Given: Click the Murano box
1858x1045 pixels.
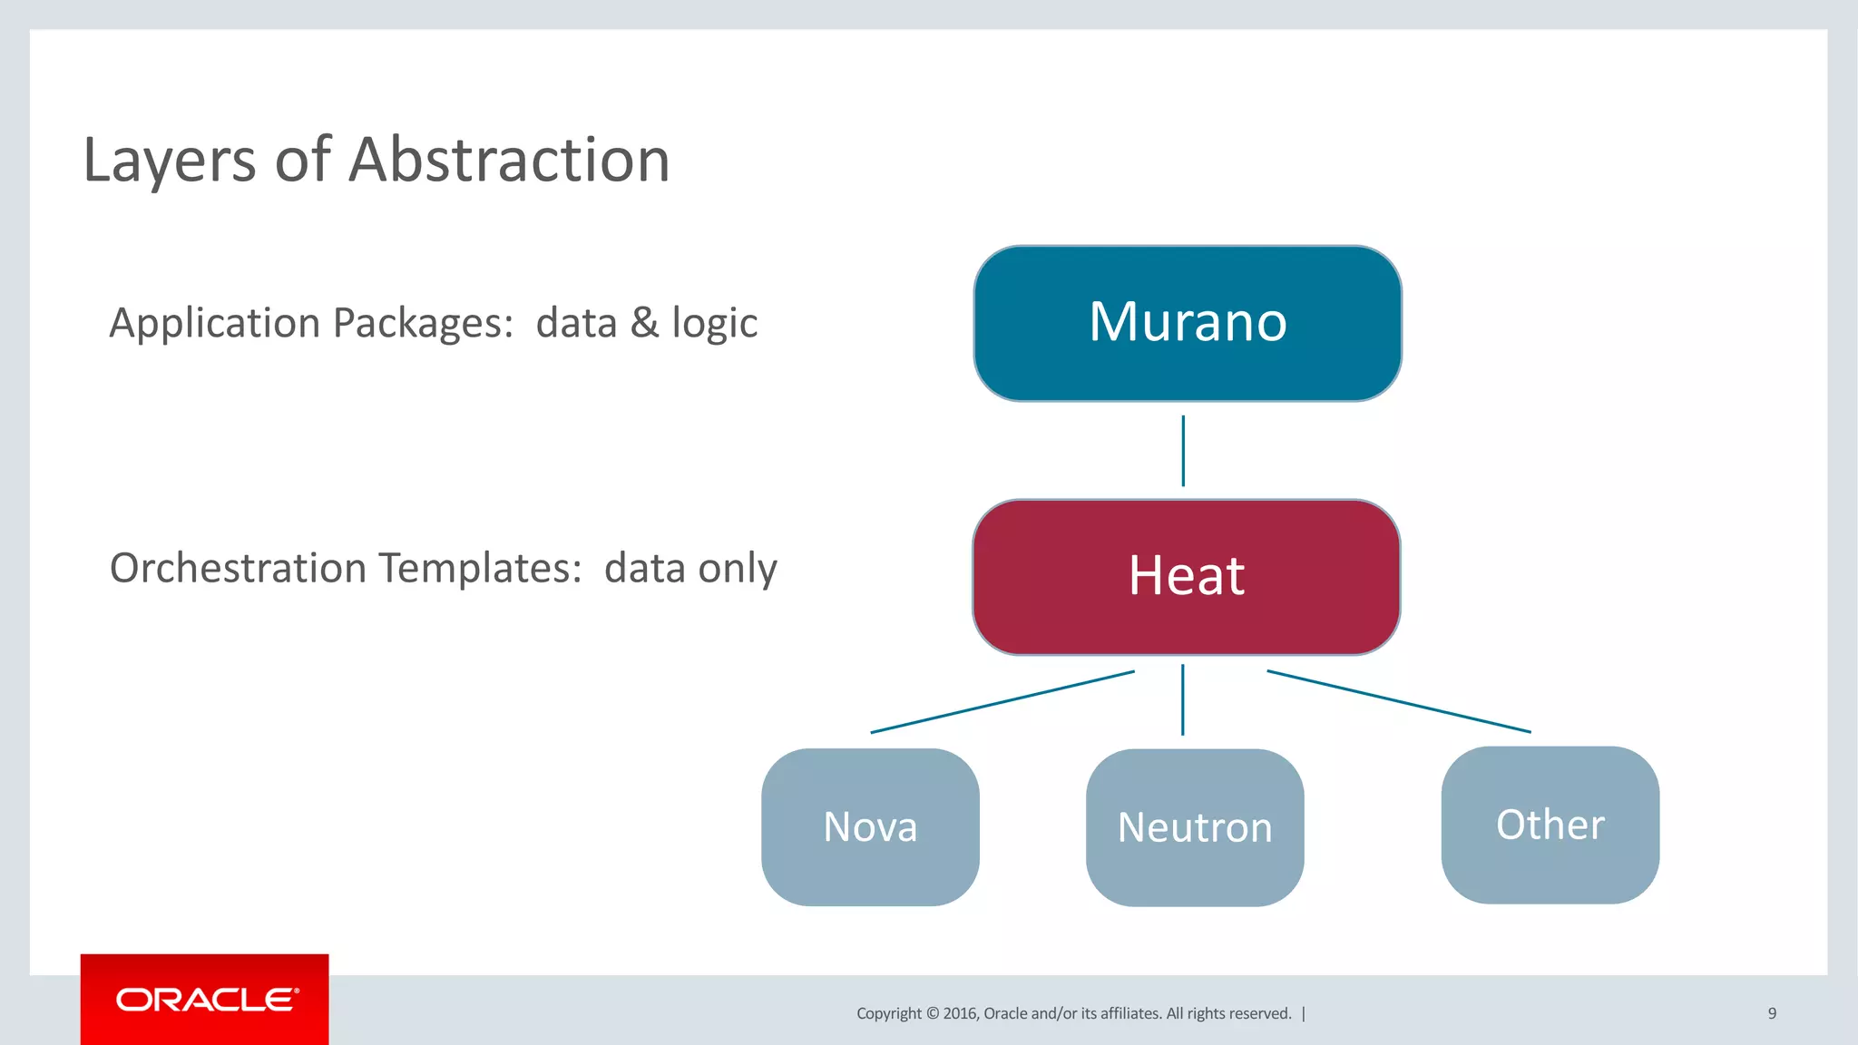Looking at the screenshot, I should [1187, 323].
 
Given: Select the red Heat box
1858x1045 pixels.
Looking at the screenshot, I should [1186, 577].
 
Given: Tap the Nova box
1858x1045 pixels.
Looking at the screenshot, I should [870, 826].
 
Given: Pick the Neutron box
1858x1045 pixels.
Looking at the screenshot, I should [1195, 827].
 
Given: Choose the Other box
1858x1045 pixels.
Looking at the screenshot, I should [1550, 825].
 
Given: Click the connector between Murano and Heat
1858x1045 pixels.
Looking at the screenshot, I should [1183, 451].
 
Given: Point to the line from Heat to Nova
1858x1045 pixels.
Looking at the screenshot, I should [1002, 702].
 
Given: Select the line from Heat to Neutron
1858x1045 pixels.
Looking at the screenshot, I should [1182, 699].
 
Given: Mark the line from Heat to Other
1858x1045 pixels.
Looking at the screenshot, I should [1398, 701].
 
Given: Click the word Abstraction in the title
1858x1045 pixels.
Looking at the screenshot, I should [509, 161].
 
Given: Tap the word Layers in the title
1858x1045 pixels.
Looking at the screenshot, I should [170, 161].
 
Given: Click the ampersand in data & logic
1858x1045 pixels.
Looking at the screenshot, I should [644, 323].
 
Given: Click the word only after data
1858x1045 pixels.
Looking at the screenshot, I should [737, 570].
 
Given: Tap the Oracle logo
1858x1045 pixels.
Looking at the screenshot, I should [205, 1000].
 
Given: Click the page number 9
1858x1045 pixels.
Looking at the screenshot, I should [1772, 1013].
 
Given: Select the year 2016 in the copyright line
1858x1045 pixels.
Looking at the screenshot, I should [960, 1013].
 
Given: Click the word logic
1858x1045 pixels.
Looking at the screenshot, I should [714, 324].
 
